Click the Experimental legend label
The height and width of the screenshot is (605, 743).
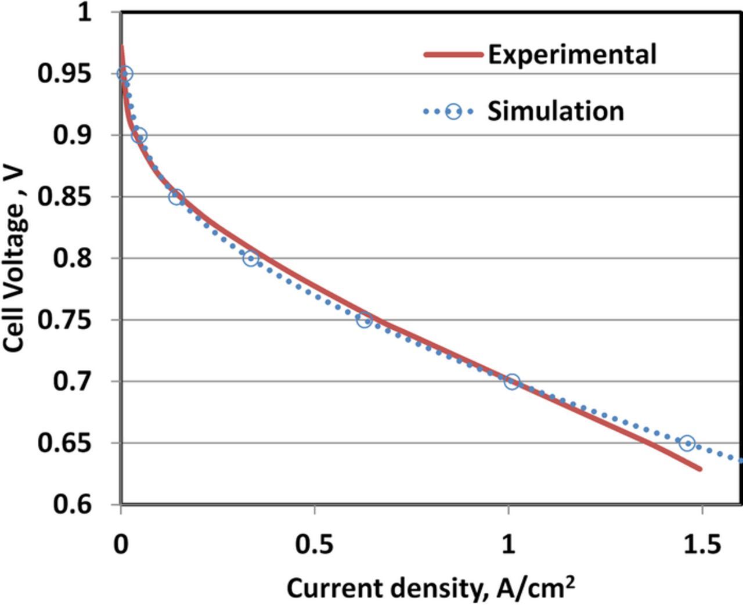pos(572,54)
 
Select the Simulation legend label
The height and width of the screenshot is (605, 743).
pos(556,110)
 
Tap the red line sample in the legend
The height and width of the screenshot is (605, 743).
pos(453,55)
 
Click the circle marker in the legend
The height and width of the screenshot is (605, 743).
pos(453,111)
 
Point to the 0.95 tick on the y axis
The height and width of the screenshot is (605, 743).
pos(65,74)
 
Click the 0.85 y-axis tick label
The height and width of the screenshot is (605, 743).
pos(65,197)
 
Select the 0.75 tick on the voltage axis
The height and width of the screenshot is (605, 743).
pos(65,320)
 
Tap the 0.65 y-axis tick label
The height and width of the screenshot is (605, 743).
pos(65,443)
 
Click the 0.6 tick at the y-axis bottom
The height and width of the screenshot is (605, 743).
pos(73,503)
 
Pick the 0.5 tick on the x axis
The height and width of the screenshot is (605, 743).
pos(314,545)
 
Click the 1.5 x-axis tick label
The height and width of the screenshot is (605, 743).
pos(702,545)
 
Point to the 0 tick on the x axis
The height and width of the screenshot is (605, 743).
pos(121,545)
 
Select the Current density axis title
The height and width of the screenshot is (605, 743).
pos(431,588)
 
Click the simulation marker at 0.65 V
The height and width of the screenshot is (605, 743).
pos(687,444)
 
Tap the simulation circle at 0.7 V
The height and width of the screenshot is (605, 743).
pos(511,382)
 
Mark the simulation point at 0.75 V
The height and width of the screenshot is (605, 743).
pos(364,320)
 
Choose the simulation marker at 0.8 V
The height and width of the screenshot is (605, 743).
pos(250,258)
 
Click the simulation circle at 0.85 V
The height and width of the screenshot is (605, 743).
pos(176,197)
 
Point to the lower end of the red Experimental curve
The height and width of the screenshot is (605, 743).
pos(700,468)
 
